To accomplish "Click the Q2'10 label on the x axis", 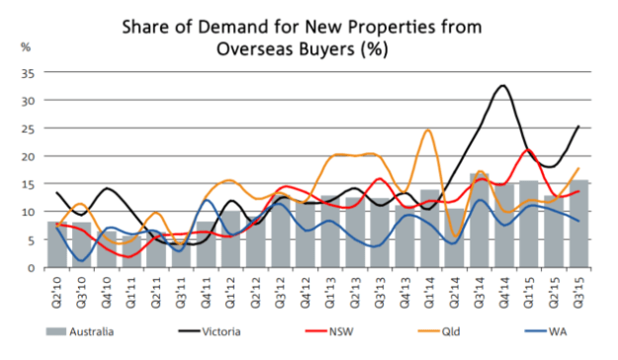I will (x=57, y=289).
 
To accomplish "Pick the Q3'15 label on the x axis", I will (x=576, y=289).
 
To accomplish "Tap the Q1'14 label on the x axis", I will (x=428, y=289).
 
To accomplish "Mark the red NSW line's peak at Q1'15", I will (x=528, y=150).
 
